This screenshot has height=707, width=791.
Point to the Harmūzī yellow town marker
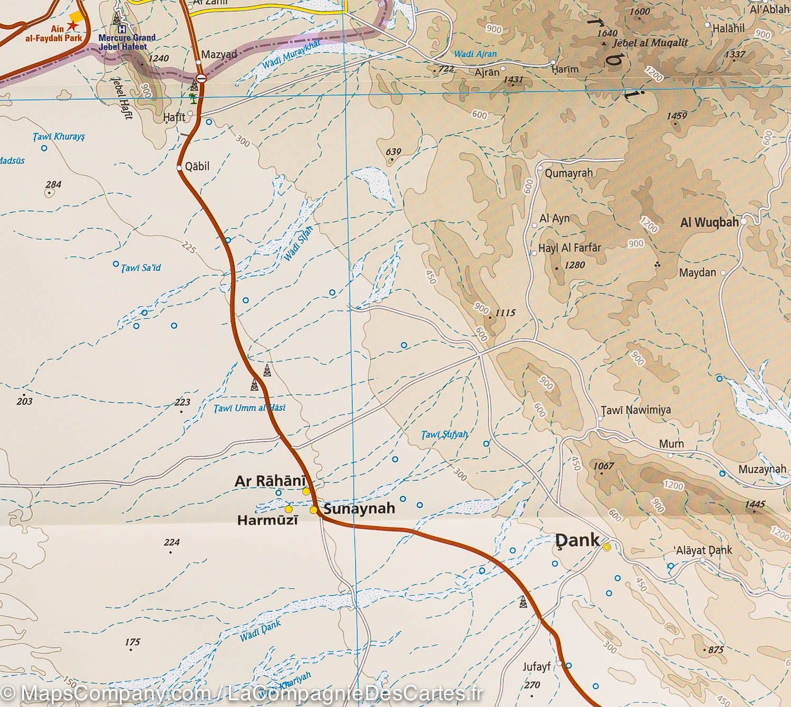point(288,509)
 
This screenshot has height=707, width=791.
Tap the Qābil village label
point(198,167)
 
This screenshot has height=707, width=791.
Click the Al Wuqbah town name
point(709,222)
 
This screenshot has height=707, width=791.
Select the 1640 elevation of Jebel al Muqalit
point(607,33)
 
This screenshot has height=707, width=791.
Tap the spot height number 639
point(393,152)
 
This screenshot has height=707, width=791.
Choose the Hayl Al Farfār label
point(570,247)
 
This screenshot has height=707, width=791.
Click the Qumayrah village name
point(568,173)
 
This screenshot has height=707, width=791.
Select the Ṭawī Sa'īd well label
point(141,268)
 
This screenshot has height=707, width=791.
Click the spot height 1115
point(505,313)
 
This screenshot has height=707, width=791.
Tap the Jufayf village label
point(537,667)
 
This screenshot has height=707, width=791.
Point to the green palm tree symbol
point(194,99)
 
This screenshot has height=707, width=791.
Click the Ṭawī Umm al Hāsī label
point(250,408)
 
